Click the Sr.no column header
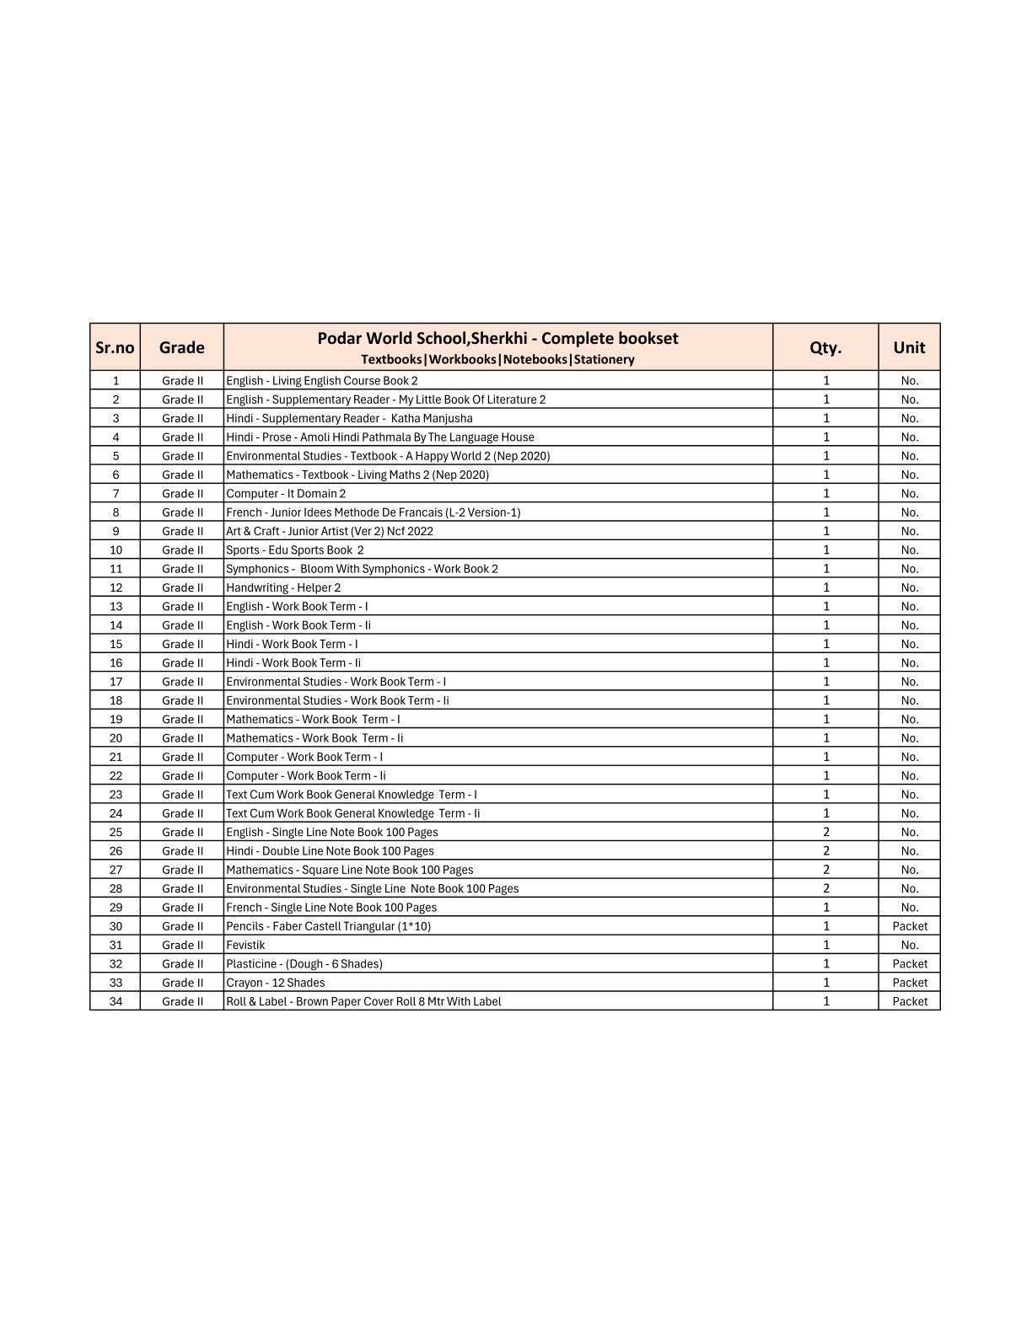[x=115, y=347]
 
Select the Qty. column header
[x=825, y=347]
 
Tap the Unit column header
[x=909, y=347]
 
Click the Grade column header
[x=182, y=347]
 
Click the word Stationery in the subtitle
[x=604, y=360]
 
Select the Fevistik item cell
[x=245, y=945]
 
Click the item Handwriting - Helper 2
[x=283, y=587]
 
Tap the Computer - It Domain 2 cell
[x=286, y=494]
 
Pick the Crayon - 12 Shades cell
[x=275, y=983]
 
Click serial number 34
[x=116, y=1001]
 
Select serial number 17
[x=116, y=682]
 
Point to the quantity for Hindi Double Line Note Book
[x=826, y=851]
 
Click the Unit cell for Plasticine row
[x=910, y=964]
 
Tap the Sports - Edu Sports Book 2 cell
[x=295, y=550]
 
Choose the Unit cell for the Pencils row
[x=910, y=926]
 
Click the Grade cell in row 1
[x=182, y=381]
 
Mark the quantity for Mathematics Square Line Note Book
[x=826, y=870]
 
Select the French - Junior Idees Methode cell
[x=373, y=512]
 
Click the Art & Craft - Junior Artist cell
[x=330, y=531]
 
